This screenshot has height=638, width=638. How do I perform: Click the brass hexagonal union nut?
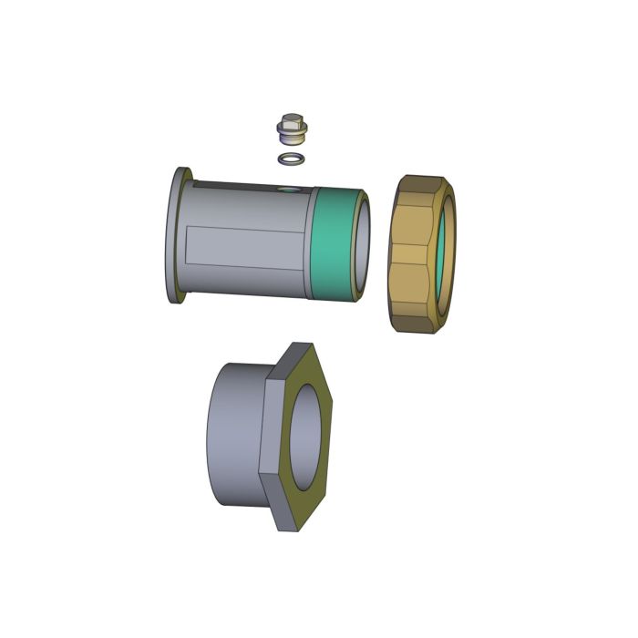410,255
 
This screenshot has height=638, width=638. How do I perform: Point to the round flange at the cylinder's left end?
175,237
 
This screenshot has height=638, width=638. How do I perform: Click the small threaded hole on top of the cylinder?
289,190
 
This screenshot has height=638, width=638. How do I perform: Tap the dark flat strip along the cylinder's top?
246,186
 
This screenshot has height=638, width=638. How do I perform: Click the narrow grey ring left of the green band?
311,242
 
